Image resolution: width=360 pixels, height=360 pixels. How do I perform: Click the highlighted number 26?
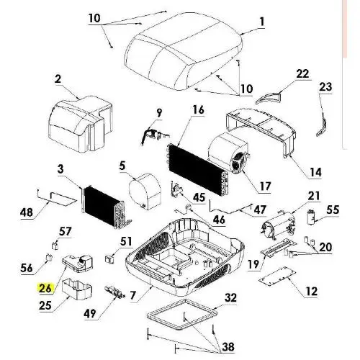45,288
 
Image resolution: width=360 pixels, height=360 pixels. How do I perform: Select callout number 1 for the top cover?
262,22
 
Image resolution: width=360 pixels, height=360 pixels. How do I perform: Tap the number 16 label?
198,109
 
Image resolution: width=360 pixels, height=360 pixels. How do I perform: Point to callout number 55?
333,210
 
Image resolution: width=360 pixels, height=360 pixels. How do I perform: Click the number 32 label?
230,297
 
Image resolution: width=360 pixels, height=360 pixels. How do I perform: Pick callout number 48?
27,212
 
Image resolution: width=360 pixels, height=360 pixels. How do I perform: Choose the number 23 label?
325,86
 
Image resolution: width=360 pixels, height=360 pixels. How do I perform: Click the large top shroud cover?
184,51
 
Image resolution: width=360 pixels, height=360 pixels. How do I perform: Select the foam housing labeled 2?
81,125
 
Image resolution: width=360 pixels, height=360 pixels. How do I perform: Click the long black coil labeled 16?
198,169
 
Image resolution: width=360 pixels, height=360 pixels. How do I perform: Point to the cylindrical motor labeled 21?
279,225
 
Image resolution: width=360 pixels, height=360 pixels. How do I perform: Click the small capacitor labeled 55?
311,217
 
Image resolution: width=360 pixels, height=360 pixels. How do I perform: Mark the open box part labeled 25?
77,289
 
